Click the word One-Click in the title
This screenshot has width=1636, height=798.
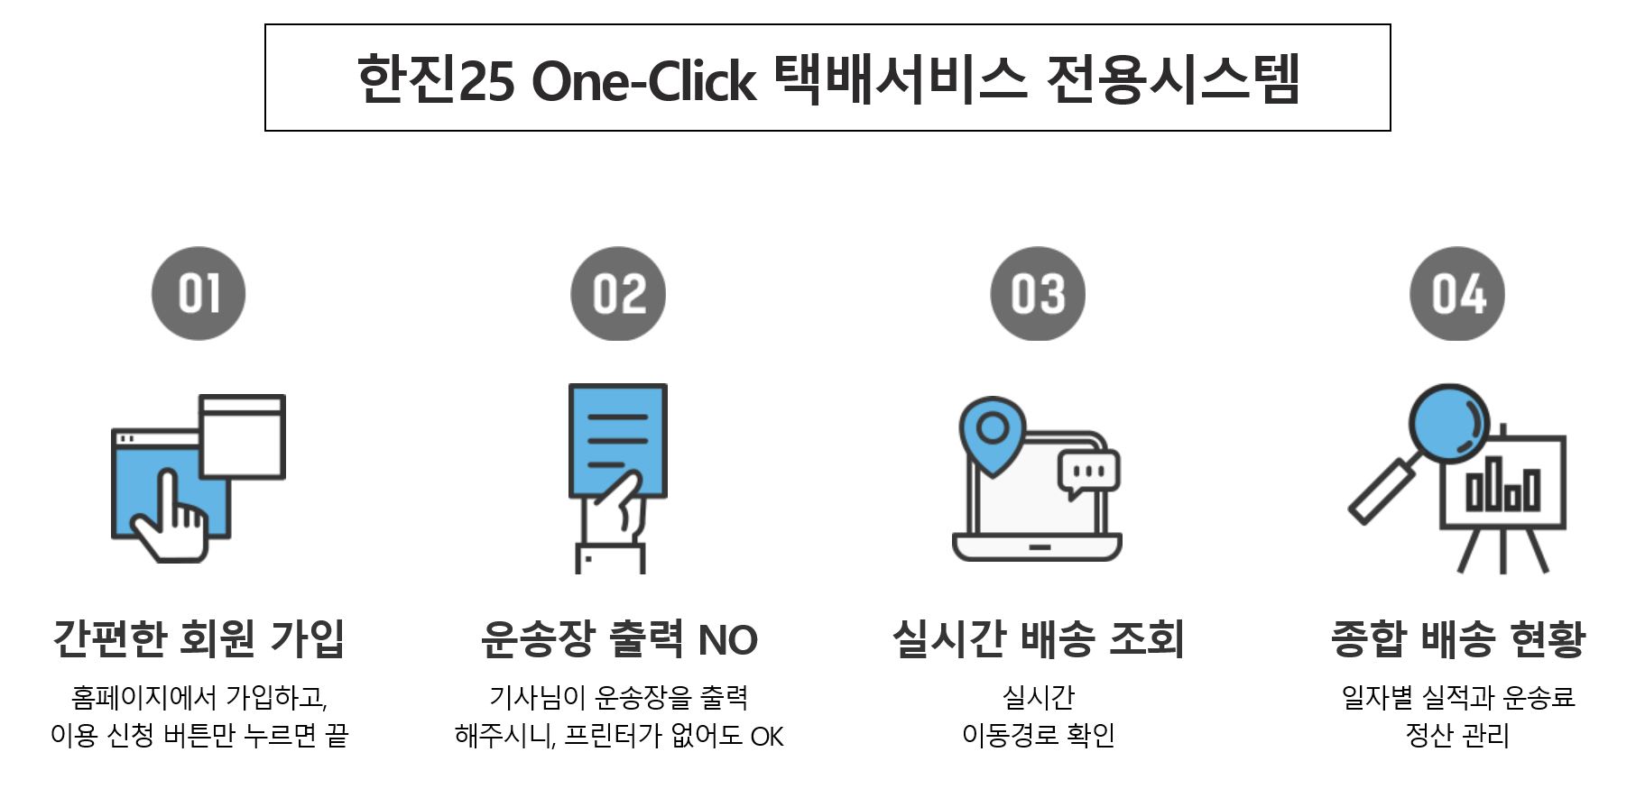[643, 81]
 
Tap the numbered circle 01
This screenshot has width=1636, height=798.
[199, 294]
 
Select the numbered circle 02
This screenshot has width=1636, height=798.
[618, 294]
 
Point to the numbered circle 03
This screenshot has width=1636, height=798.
[1038, 294]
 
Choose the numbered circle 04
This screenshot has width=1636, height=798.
[1457, 294]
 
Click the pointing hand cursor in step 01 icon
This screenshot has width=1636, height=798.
[171, 518]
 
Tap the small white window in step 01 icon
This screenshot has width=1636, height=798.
[242, 437]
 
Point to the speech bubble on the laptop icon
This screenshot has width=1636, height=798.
[1088, 472]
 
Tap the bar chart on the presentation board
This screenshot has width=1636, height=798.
[1502, 487]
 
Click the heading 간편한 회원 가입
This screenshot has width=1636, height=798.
[199, 638]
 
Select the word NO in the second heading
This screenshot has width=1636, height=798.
[727, 640]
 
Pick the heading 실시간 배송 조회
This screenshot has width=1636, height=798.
[1038, 638]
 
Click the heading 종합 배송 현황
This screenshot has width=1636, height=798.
[1457, 638]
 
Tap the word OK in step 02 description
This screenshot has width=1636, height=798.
[767, 737]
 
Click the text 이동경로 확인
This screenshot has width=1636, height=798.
[1038, 736]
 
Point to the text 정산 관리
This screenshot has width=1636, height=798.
[1457, 736]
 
